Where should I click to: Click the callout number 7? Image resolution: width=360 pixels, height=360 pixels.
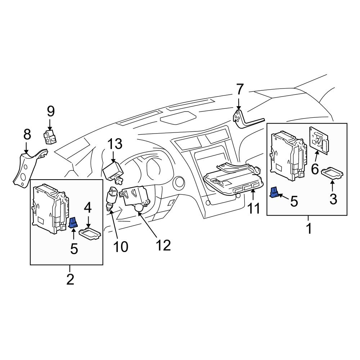(240, 90)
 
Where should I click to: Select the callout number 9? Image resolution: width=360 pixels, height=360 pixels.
(51, 112)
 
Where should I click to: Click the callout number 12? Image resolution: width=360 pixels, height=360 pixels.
(163, 245)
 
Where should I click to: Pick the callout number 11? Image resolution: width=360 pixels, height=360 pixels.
(254, 208)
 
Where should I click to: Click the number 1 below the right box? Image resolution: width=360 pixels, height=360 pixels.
(309, 228)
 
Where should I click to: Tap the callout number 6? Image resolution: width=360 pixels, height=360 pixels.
(315, 168)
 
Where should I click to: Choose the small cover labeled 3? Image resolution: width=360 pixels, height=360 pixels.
(333, 173)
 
